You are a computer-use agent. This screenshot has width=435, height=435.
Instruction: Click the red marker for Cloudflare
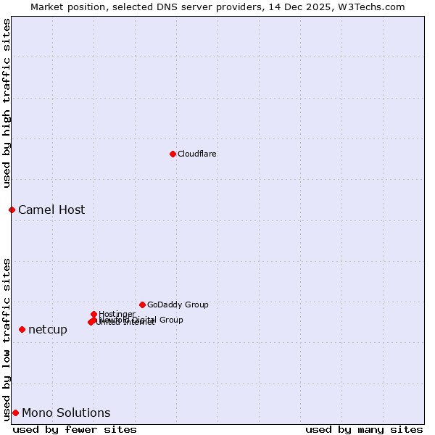click(x=173, y=154)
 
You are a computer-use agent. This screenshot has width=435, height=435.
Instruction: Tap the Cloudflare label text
click(x=197, y=154)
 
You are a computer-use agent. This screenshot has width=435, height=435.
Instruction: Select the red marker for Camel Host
click(x=12, y=210)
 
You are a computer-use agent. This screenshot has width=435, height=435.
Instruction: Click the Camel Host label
click(x=51, y=210)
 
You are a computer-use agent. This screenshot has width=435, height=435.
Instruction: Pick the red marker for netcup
click(x=22, y=329)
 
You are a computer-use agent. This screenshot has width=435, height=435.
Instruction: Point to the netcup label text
click(x=48, y=330)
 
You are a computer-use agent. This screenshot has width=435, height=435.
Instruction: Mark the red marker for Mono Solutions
click(x=15, y=413)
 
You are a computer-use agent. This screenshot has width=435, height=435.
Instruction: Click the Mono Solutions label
click(x=66, y=413)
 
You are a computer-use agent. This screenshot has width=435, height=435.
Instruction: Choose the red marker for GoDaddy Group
click(x=142, y=304)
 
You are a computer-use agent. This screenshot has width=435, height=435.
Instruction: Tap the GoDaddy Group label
click(x=178, y=304)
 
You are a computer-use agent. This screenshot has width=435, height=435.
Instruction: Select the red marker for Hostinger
click(x=94, y=314)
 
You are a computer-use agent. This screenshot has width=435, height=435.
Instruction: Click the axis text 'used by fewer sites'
click(x=75, y=429)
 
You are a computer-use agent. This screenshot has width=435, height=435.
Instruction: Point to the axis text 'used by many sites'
click(x=364, y=429)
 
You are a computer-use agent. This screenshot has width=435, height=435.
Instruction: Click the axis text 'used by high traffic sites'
click(x=7, y=103)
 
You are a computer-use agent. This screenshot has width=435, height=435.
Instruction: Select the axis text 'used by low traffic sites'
click(x=7, y=339)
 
